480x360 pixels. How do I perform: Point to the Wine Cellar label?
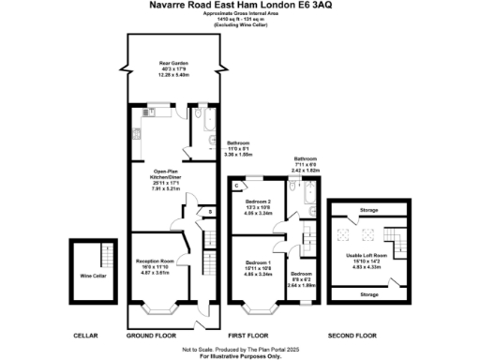click(92, 277)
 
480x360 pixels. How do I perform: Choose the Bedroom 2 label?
click(259, 203)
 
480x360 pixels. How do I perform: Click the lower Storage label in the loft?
click(369, 294)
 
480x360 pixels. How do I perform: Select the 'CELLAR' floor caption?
click(85, 335)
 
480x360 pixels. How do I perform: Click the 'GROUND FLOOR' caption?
click(150, 335)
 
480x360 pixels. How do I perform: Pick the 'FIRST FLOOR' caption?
click(248, 335)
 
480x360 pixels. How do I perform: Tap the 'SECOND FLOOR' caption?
click(352, 335)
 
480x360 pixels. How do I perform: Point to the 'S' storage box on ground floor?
click(210, 213)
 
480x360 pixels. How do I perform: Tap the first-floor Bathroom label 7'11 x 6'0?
click(306, 165)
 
